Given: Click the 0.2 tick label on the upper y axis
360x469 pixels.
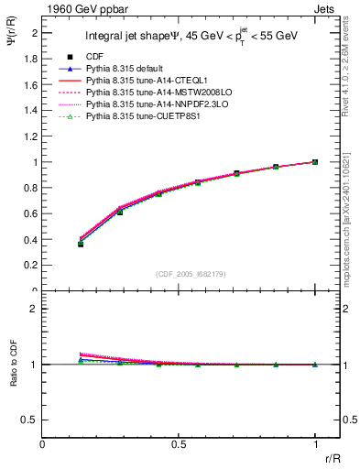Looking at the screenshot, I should pos(31,266).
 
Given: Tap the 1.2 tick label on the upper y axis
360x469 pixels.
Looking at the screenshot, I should pos(31,136).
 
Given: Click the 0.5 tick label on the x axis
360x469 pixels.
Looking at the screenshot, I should pos(179,444).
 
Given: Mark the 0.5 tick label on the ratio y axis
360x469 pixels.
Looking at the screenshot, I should pos(31,420).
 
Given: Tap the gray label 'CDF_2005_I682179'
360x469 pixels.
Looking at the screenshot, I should pos(190,274).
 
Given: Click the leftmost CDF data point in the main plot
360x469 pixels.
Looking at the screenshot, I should pos(81,244).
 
